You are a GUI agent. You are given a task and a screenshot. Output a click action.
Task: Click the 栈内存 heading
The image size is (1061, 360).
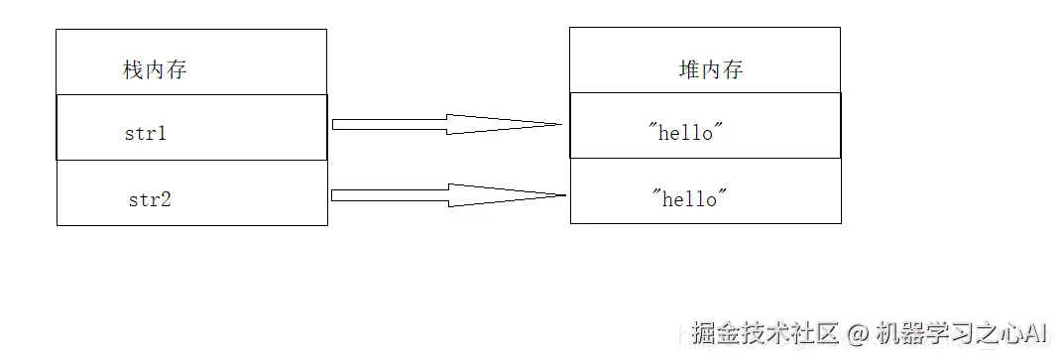tap(154, 70)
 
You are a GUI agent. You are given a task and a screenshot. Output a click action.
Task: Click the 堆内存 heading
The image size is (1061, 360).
tap(710, 70)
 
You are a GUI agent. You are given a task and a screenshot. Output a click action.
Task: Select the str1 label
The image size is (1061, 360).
tap(145, 133)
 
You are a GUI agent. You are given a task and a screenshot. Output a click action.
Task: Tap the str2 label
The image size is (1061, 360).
tap(149, 199)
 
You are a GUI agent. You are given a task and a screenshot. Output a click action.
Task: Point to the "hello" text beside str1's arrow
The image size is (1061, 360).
tap(685, 133)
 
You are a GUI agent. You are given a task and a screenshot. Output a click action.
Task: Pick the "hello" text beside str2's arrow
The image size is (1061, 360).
tap(689, 198)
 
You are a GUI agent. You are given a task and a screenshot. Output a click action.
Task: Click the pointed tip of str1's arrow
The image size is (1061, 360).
tap(561, 125)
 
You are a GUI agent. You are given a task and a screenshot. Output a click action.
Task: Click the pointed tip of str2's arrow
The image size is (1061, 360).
tap(563, 195)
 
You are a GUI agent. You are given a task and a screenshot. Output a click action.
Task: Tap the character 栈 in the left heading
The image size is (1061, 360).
tap(133, 70)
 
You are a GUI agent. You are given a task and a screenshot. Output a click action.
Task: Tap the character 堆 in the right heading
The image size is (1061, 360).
tap(689, 70)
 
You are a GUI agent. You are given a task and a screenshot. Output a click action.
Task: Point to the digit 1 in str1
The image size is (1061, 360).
tap(162, 133)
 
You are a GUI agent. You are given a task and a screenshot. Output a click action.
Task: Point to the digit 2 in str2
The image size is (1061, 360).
tap(166, 199)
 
